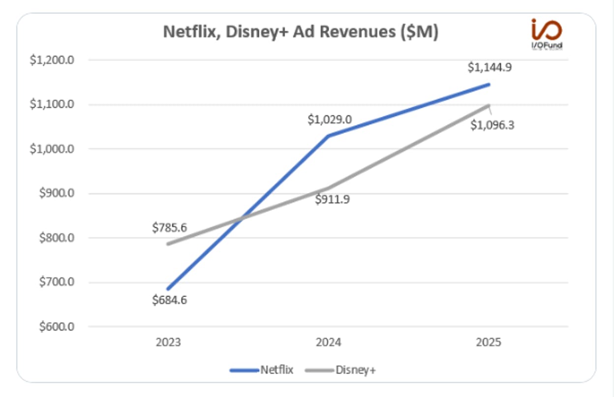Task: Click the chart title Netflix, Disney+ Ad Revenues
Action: (301, 32)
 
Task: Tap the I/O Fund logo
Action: (547, 34)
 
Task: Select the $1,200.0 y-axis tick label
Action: (52, 60)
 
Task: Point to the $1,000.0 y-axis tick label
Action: (52, 149)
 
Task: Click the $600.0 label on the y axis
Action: (57, 327)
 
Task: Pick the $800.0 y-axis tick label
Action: (57, 238)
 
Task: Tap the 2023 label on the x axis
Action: (168, 342)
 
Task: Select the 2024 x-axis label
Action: (328, 342)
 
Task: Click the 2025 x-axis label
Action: (489, 342)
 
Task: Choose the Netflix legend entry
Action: (262, 370)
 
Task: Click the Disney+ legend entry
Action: (340, 370)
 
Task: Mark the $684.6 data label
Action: (169, 300)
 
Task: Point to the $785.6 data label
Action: (169, 228)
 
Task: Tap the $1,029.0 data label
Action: (330, 120)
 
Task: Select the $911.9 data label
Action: (332, 199)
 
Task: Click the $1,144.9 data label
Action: (490, 67)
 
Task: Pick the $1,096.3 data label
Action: (492, 126)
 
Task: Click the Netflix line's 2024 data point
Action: (328, 136)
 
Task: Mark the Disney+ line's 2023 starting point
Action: (168, 244)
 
